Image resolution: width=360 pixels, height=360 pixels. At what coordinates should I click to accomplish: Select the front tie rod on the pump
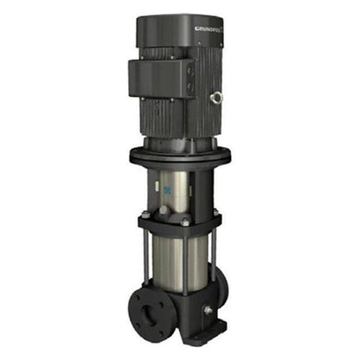click(185, 260)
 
